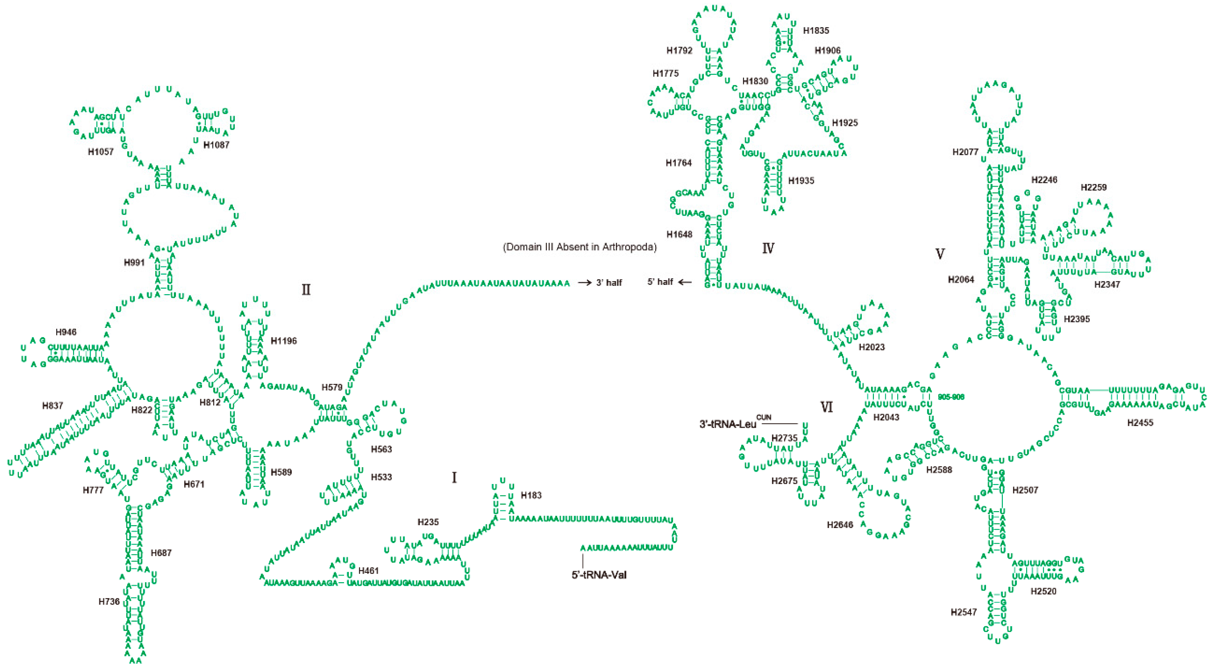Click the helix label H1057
[100, 152]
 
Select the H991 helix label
[134, 262]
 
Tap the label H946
[66, 332]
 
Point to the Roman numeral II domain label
[306, 290]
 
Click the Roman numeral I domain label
[454, 477]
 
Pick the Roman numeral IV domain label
[768, 248]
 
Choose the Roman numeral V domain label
[940, 254]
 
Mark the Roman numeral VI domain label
[826, 407]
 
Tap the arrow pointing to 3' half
[585, 283]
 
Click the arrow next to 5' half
[685, 282]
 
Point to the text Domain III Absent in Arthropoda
[580, 247]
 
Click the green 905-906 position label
[951, 397]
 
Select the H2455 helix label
[1140, 423]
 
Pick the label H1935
[801, 181]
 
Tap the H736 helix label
[109, 601]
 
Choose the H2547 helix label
[963, 612]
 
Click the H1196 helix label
[284, 341]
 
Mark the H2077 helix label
[965, 152]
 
